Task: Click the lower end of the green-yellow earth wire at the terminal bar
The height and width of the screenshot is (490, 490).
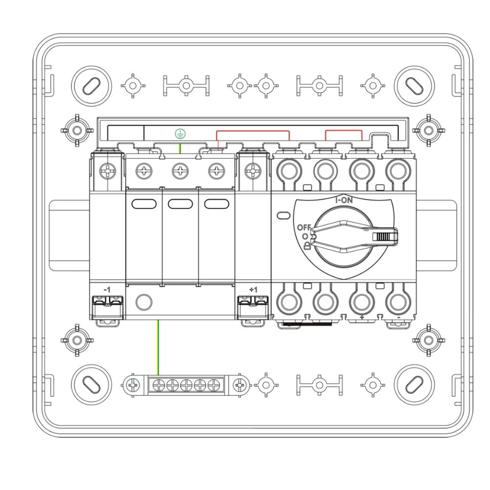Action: click(x=158, y=375)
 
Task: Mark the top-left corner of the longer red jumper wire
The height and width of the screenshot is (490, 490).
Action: click(x=217, y=131)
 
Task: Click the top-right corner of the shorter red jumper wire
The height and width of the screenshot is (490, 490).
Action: click(x=362, y=130)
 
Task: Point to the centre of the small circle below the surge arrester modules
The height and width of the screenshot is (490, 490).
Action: click(x=144, y=302)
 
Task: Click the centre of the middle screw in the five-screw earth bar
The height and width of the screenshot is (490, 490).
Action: click(x=186, y=385)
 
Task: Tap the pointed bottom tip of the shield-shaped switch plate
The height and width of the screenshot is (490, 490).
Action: click(x=344, y=279)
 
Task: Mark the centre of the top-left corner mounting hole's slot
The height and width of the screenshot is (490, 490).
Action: click(x=91, y=86)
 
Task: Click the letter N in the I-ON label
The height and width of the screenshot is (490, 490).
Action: click(x=349, y=200)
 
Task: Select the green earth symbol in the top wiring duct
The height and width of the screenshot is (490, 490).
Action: click(x=180, y=134)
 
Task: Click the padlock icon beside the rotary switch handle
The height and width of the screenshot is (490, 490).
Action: click(x=307, y=246)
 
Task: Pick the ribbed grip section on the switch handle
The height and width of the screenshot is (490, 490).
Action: click(x=383, y=237)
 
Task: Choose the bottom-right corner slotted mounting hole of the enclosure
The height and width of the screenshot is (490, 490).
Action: click(x=415, y=385)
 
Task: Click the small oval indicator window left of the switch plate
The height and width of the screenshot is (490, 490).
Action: click(x=283, y=215)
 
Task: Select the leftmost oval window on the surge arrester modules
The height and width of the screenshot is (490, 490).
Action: click(x=144, y=204)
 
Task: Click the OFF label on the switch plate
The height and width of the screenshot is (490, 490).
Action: click(x=304, y=227)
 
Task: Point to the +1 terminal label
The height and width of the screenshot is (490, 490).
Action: click(x=253, y=290)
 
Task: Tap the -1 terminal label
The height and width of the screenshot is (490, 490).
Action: click(x=107, y=290)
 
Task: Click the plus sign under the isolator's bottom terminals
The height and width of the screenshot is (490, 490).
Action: click(x=362, y=318)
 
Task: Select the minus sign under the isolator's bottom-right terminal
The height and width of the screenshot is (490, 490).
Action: click(x=398, y=318)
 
